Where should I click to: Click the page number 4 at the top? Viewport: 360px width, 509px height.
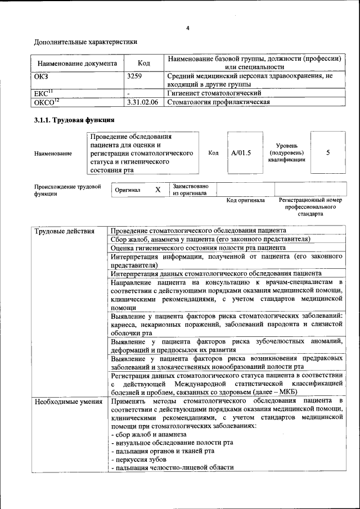(188, 29)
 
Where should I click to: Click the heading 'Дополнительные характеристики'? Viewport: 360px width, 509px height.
(85, 42)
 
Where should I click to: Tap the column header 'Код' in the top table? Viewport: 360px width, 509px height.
(144, 64)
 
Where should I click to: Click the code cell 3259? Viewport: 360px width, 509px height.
(135, 76)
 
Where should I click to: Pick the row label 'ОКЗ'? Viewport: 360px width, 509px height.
(42, 76)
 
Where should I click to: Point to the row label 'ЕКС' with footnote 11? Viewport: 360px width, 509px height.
(43, 93)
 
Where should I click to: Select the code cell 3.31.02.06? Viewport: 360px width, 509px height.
(143, 102)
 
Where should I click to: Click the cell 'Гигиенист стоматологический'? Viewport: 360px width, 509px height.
(214, 93)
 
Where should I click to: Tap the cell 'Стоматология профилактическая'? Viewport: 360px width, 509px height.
(218, 102)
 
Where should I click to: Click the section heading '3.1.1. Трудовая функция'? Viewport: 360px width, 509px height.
(74, 120)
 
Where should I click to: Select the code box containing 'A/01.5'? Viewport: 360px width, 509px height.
(241, 152)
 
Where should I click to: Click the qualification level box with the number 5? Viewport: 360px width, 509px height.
(328, 152)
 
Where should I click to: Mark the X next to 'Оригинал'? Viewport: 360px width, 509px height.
(157, 190)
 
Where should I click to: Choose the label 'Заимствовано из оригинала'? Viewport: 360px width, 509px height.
(190, 190)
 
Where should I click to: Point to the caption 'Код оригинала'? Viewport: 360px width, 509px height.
(245, 200)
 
